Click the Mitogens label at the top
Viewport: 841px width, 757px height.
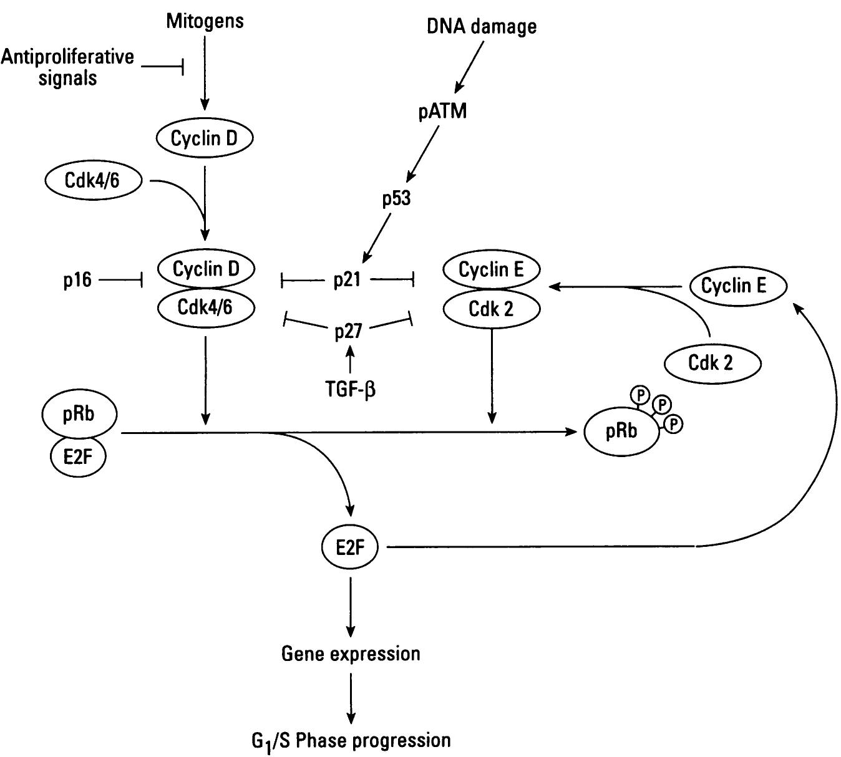point(205,21)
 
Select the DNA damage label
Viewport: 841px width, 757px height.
point(481,26)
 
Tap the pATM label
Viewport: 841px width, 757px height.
point(442,112)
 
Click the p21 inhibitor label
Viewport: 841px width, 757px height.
point(348,280)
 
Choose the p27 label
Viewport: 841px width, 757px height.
point(348,331)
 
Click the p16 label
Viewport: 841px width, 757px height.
point(77,281)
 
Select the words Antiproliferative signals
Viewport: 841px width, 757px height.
point(67,67)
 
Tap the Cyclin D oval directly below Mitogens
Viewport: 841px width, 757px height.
point(204,138)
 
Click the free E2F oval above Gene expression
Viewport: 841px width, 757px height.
point(350,547)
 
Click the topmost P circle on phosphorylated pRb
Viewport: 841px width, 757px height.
point(640,395)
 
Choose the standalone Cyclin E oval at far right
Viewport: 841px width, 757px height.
point(734,286)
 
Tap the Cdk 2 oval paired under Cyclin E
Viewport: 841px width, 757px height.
point(492,308)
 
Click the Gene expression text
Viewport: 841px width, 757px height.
point(351,653)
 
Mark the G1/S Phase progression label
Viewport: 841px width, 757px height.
point(351,741)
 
